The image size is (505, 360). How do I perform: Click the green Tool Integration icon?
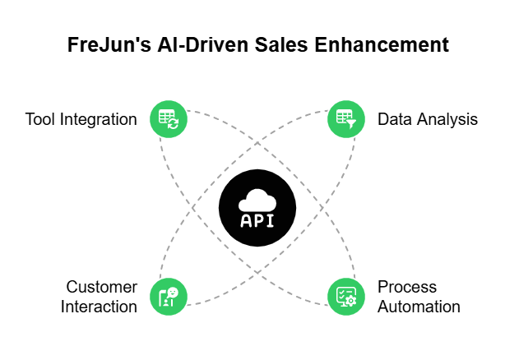click(168, 119)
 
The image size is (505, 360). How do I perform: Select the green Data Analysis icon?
click(346, 119)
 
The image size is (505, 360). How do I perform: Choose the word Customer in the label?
click(102, 287)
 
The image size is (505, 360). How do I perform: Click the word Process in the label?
click(407, 287)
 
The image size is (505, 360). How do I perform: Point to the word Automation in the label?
click(419, 307)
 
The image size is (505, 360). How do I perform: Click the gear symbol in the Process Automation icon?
click(351, 300)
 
